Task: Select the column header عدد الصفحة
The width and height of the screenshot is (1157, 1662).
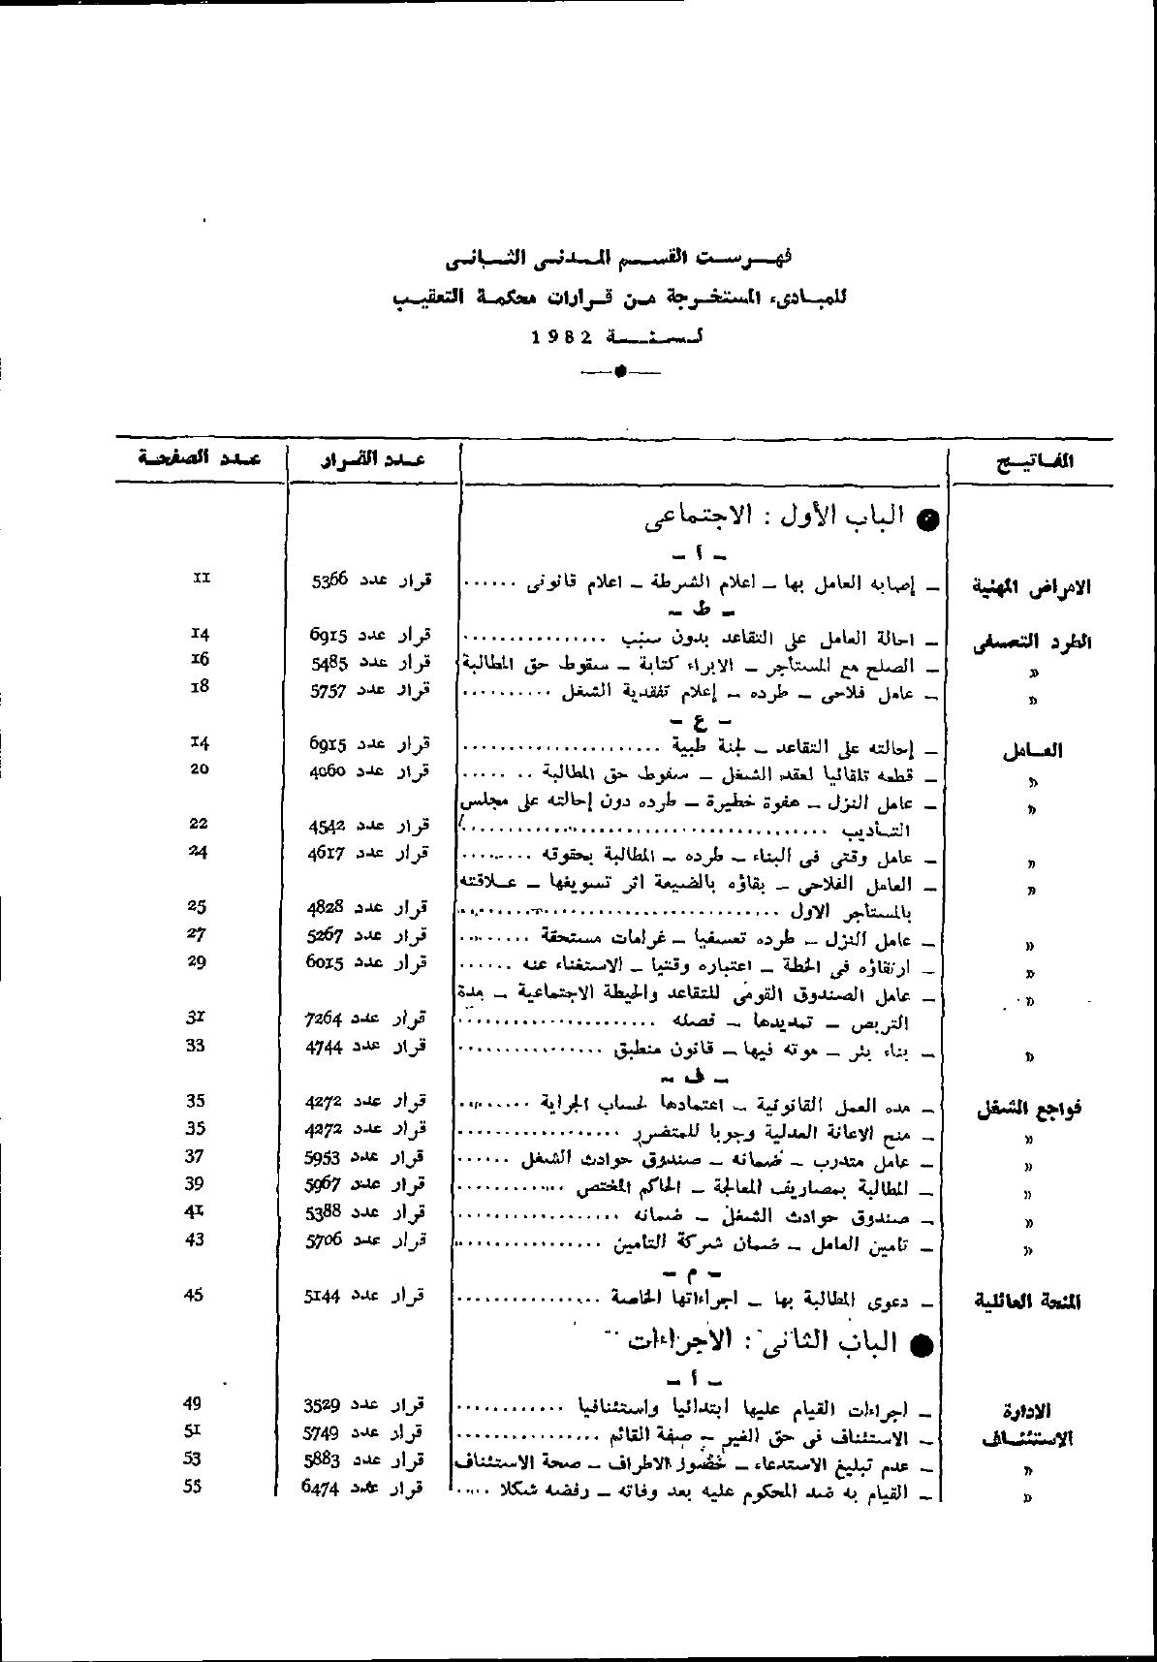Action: pyautogui.click(x=200, y=458)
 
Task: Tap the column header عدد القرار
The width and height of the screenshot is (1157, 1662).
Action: pyautogui.click(x=374, y=459)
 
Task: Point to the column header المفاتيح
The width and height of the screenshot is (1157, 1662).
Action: pyautogui.click(x=1036, y=461)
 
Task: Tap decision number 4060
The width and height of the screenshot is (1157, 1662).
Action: pyautogui.click(x=328, y=770)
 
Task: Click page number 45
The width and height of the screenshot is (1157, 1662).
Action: pyautogui.click(x=194, y=1294)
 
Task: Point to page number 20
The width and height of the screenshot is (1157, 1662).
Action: pyautogui.click(x=198, y=768)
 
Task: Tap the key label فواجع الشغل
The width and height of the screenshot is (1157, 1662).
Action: pyautogui.click(x=1028, y=1110)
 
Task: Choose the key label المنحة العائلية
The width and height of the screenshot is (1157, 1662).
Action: pyautogui.click(x=1027, y=1301)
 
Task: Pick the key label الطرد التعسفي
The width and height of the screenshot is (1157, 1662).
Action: pyautogui.click(x=1032, y=643)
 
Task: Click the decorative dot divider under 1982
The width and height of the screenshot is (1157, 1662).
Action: pyautogui.click(x=619, y=371)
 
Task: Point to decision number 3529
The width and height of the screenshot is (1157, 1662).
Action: pyautogui.click(x=324, y=1404)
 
